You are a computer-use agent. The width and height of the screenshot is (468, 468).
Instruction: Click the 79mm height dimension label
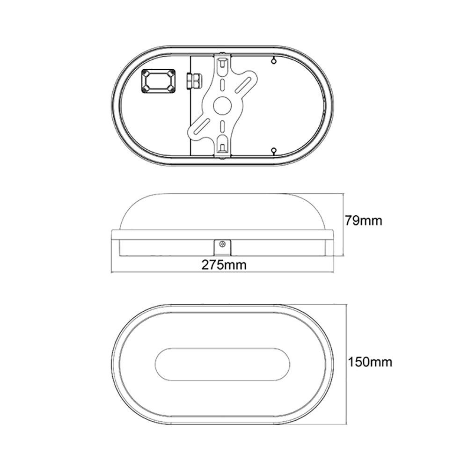coord(363,220)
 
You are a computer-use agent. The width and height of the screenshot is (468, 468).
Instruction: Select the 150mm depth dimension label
coord(370,361)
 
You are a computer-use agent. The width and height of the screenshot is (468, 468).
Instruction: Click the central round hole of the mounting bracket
coord(222,106)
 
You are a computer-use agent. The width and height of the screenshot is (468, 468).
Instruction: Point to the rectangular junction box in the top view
coord(159,81)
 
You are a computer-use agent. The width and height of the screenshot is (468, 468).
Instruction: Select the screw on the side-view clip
coord(223,244)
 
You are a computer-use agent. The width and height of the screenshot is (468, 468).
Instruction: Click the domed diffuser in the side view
coord(222,211)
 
